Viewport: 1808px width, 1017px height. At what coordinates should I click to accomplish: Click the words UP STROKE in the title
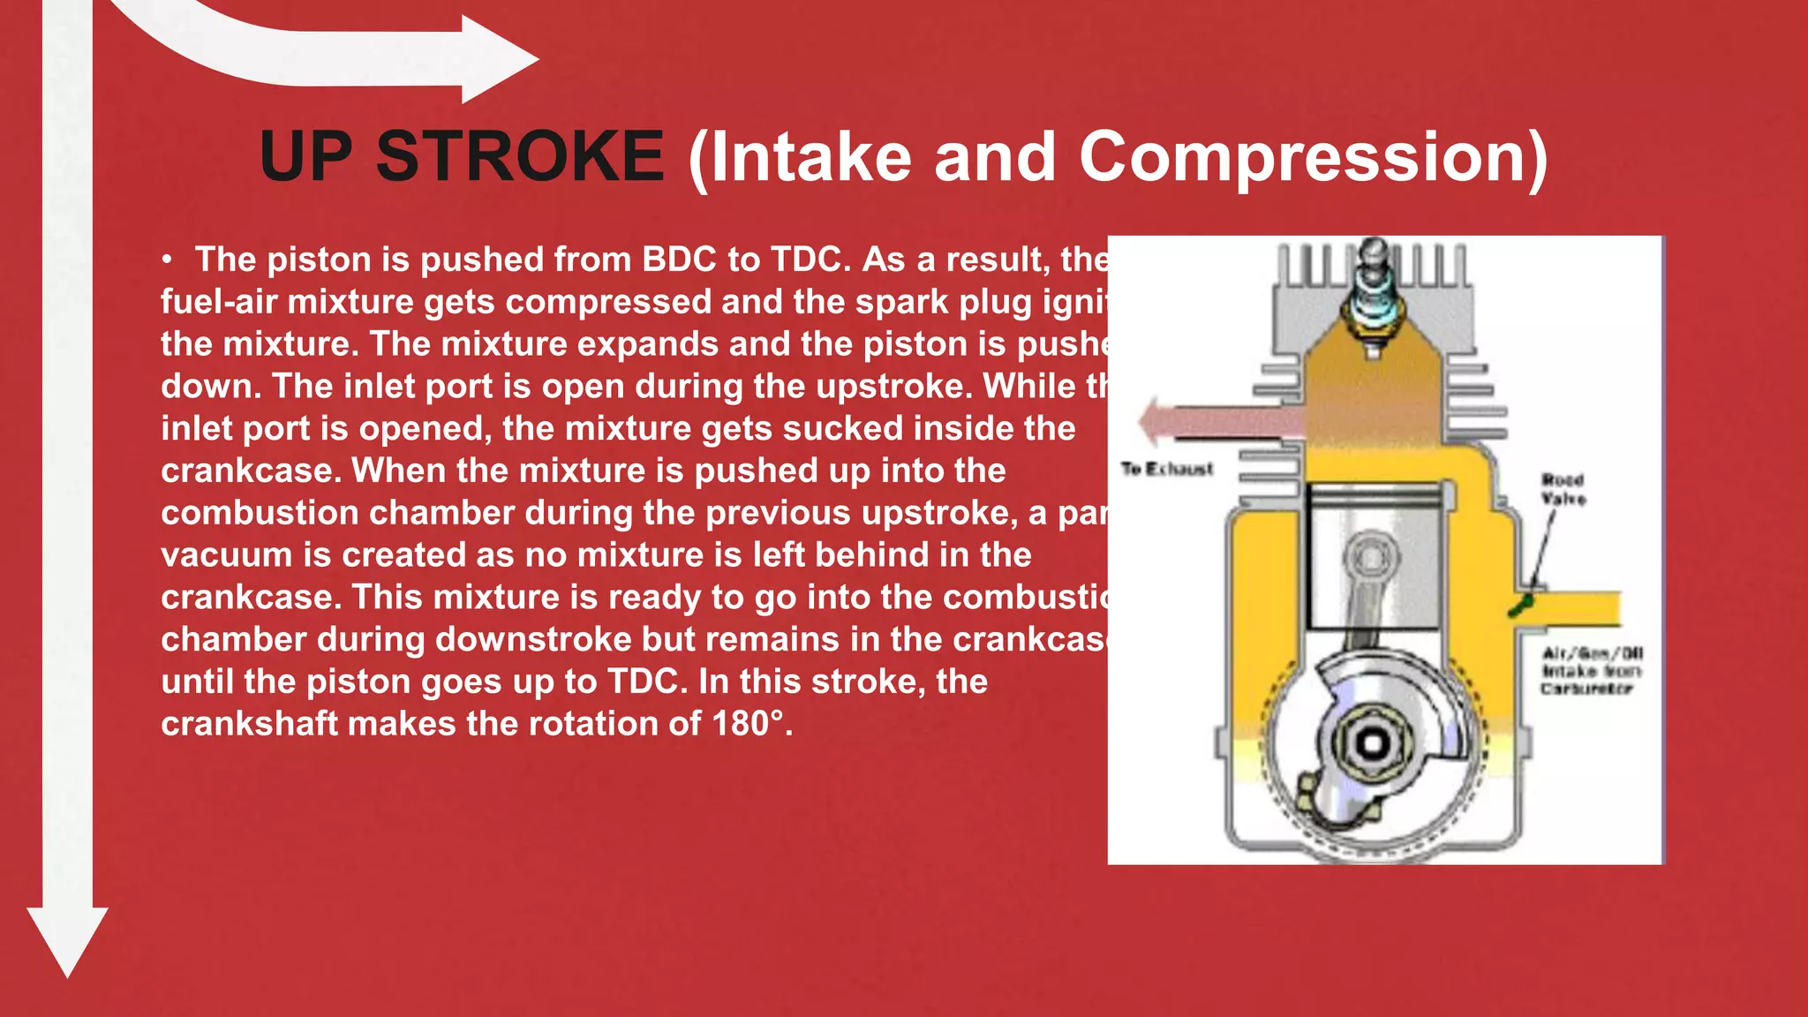462,157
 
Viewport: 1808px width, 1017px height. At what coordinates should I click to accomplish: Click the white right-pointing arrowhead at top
499,60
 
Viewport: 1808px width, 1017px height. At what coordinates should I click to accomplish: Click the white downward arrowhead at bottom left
67,939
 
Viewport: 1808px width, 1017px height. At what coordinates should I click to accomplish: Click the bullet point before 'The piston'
167,260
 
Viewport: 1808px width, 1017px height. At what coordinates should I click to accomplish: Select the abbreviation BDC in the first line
679,260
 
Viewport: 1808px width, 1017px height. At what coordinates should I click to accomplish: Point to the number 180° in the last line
748,724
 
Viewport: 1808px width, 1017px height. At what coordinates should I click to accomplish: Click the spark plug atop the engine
1373,296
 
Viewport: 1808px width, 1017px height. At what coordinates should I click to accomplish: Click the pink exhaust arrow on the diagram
1218,421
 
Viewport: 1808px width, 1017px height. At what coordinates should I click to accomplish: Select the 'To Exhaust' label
1166,469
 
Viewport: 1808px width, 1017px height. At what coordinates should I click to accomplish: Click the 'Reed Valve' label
1563,489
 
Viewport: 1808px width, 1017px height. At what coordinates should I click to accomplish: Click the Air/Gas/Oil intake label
1591,670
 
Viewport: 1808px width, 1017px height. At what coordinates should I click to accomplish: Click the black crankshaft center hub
1372,743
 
